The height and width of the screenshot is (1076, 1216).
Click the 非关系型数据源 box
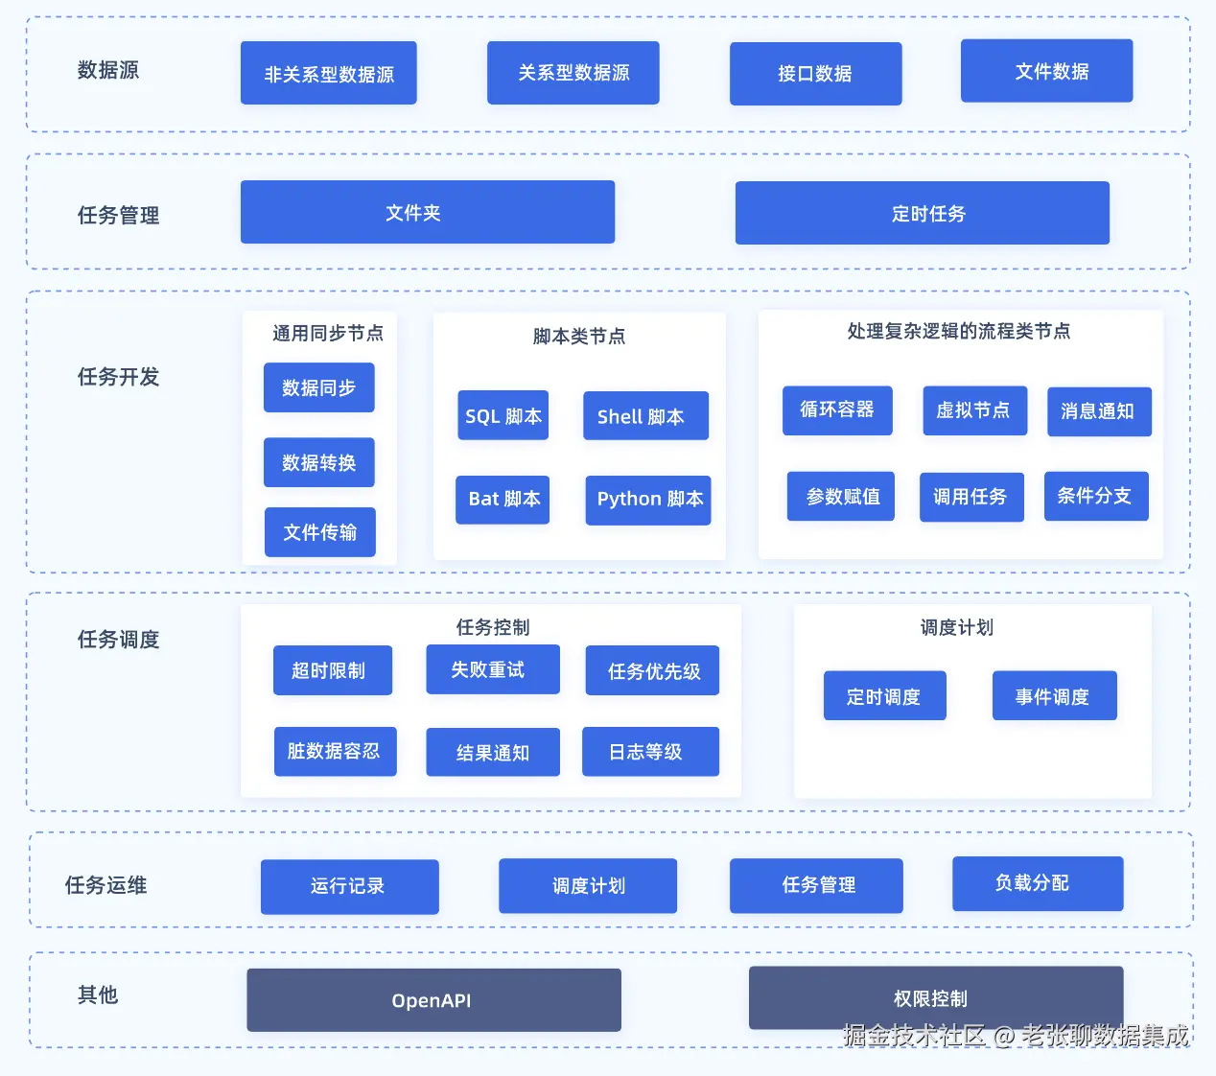tap(328, 73)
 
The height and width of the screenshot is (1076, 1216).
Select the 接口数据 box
tap(815, 73)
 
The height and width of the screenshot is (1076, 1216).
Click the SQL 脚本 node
tap(503, 415)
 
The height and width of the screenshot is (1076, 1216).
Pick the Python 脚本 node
tap(648, 500)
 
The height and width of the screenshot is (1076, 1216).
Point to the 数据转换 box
tap(318, 462)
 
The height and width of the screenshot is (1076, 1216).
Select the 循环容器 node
tap(836, 410)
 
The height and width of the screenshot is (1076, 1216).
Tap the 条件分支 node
tap(1095, 496)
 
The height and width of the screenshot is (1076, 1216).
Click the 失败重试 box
tap(492, 669)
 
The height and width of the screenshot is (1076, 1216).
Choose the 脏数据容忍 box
tap(334, 751)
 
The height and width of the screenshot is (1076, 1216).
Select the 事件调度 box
tap(1054, 696)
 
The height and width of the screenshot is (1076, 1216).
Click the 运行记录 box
tap(349, 886)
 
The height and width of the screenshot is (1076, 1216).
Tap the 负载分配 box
tap(1037, 883)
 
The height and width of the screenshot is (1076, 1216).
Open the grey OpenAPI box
tap(433, 1000)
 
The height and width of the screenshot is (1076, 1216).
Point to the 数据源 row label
tap(107, 70)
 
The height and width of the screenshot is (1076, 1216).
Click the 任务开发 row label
tap(118, 377)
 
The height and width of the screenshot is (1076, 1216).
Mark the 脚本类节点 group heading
tap(578, 337)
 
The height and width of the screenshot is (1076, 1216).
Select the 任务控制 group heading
tap(492, 627)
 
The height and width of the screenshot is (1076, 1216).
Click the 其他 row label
tap(98, 994)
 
